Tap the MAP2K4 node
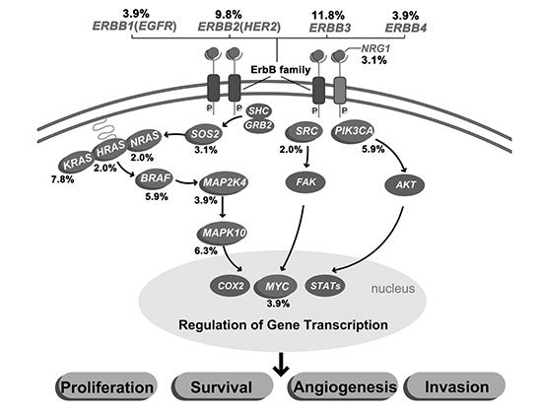coord(224,182)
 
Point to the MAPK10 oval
coord(222,233)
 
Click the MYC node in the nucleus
coord(276,286)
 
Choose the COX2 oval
coord(230,286)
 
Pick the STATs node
coord(325,285)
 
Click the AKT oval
coord(405,184)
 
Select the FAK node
coord(305,181)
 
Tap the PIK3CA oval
coord(353,131)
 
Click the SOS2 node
coord(204,134)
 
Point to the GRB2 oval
coord(259,125)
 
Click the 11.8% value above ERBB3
coord(328,15)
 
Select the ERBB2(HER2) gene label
coord(239,27)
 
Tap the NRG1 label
coord(375,49)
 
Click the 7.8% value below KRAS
coord(63,179)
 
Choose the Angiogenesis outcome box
coord(343,386)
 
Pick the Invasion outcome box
coord(455,386)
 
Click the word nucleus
coord(392,288)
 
